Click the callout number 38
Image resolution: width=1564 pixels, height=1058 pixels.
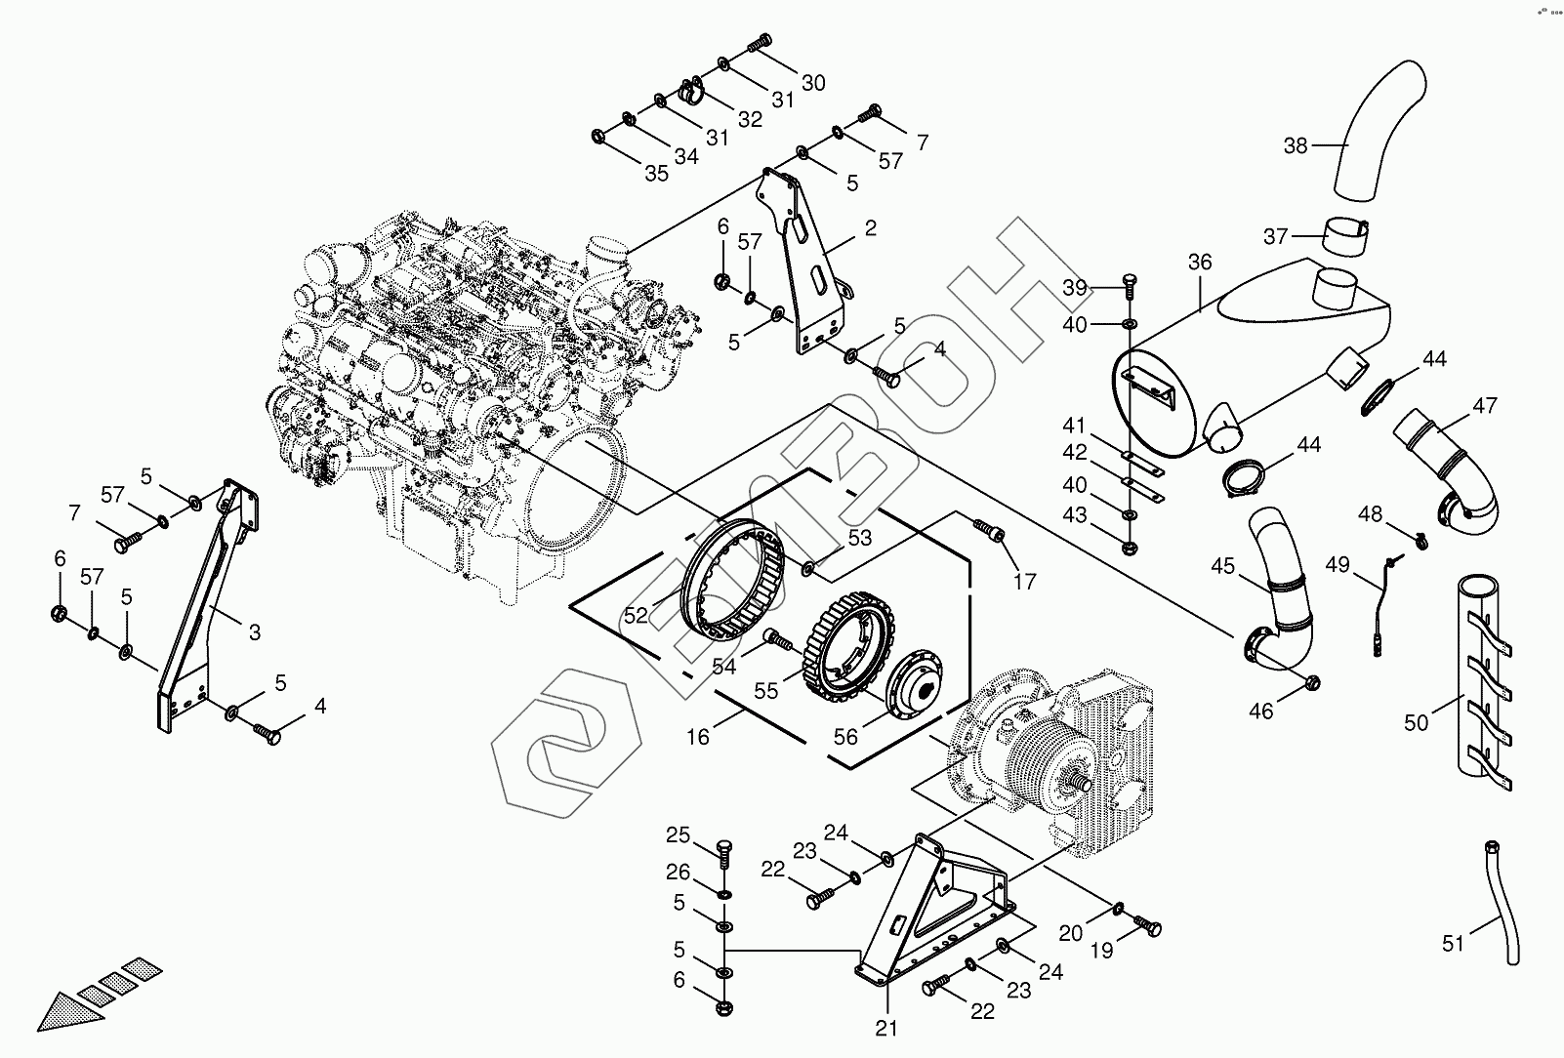[1295, 146]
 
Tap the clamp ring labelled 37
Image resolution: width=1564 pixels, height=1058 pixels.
[1345, 238]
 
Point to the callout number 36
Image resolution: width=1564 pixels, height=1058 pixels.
[1200, 263]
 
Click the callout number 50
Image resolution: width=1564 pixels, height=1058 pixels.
[1416, 722]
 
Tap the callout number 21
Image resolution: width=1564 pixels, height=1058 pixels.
[886, 1027]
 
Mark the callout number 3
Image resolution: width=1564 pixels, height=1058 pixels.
[254, 632]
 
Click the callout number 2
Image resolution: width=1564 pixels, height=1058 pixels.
[870, 228]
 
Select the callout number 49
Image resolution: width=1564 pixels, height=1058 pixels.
[1338, 565]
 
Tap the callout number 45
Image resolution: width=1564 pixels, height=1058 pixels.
[1223, 566]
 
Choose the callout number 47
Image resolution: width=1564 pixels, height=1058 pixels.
[1485, 406]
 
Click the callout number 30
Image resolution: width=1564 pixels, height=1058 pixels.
[813, 83]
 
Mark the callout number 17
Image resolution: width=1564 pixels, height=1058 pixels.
[1024, 582]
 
